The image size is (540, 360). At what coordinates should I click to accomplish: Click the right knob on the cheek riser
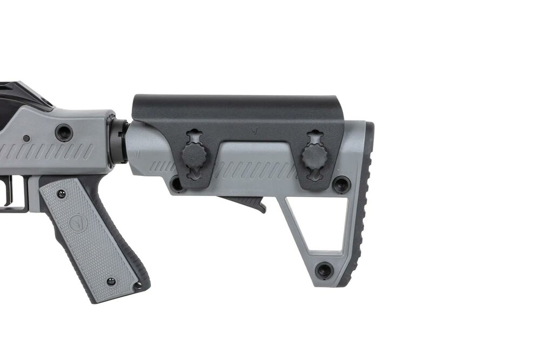[x=314, y=157]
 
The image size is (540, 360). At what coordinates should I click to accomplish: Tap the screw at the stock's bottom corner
[x=324, y=270]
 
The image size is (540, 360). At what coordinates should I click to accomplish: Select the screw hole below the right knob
[x=341, y=184]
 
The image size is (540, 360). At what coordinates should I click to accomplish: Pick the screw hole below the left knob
[x=177, y=184]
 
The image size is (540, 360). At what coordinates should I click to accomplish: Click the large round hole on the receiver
[x=64, y=132]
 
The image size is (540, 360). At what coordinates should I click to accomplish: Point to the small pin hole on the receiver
[x=26, y=138]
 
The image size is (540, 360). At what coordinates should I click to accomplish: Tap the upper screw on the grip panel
[x=60, y=193]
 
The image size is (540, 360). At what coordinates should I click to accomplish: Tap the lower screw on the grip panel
[x=111, y=282]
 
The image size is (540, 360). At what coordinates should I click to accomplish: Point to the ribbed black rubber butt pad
[x=363, y=205]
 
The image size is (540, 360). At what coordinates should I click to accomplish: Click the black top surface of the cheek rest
[x=238, y=104]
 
